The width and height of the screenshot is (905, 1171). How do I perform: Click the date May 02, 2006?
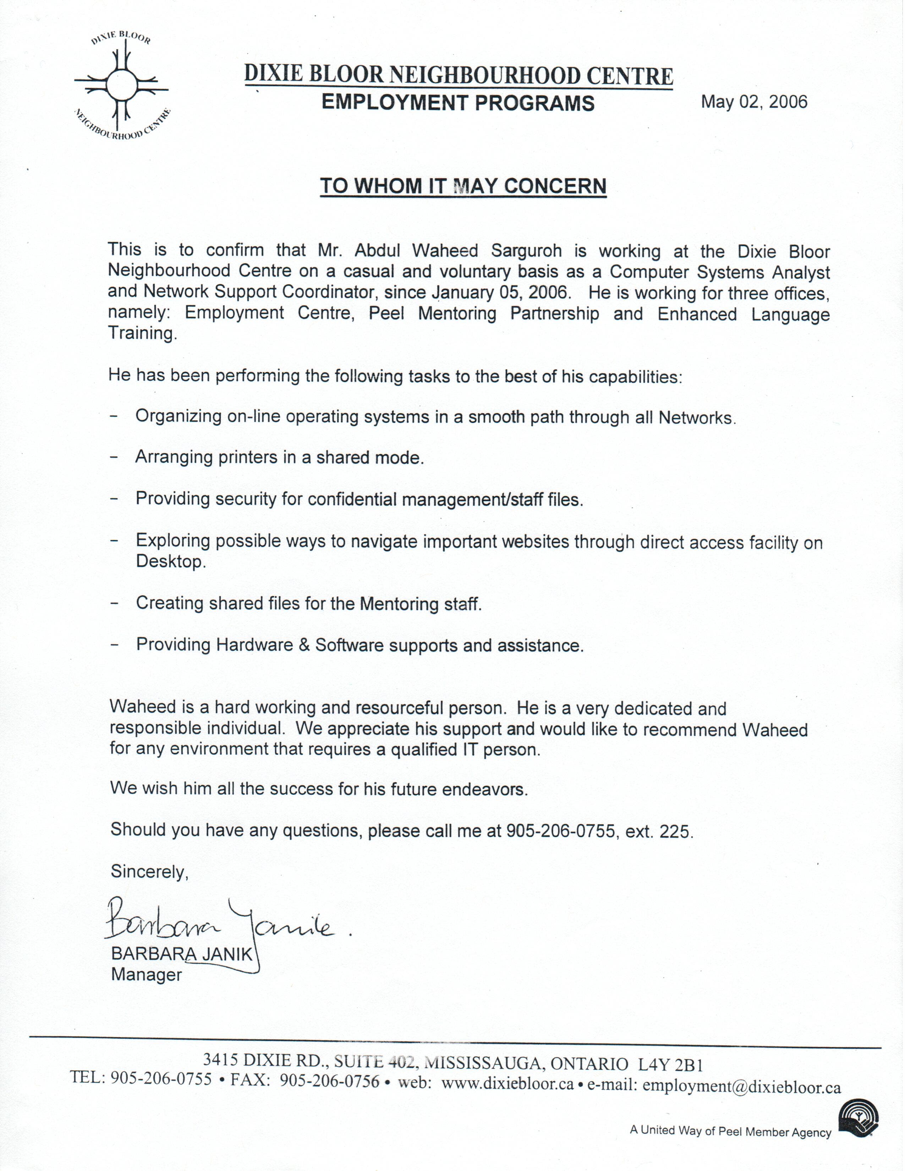click(x=754, y=101)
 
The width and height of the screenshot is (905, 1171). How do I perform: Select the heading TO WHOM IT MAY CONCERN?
click(x=463, y=186)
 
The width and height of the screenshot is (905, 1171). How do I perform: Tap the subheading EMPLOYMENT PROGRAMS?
click(x=458, y=103)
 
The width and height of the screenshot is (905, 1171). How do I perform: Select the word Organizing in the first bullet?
click(x=178, y=417)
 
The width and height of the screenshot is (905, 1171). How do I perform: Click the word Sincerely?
click(x=149, y=872)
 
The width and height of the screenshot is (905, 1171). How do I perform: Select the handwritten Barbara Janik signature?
click(x=220, y=919)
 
